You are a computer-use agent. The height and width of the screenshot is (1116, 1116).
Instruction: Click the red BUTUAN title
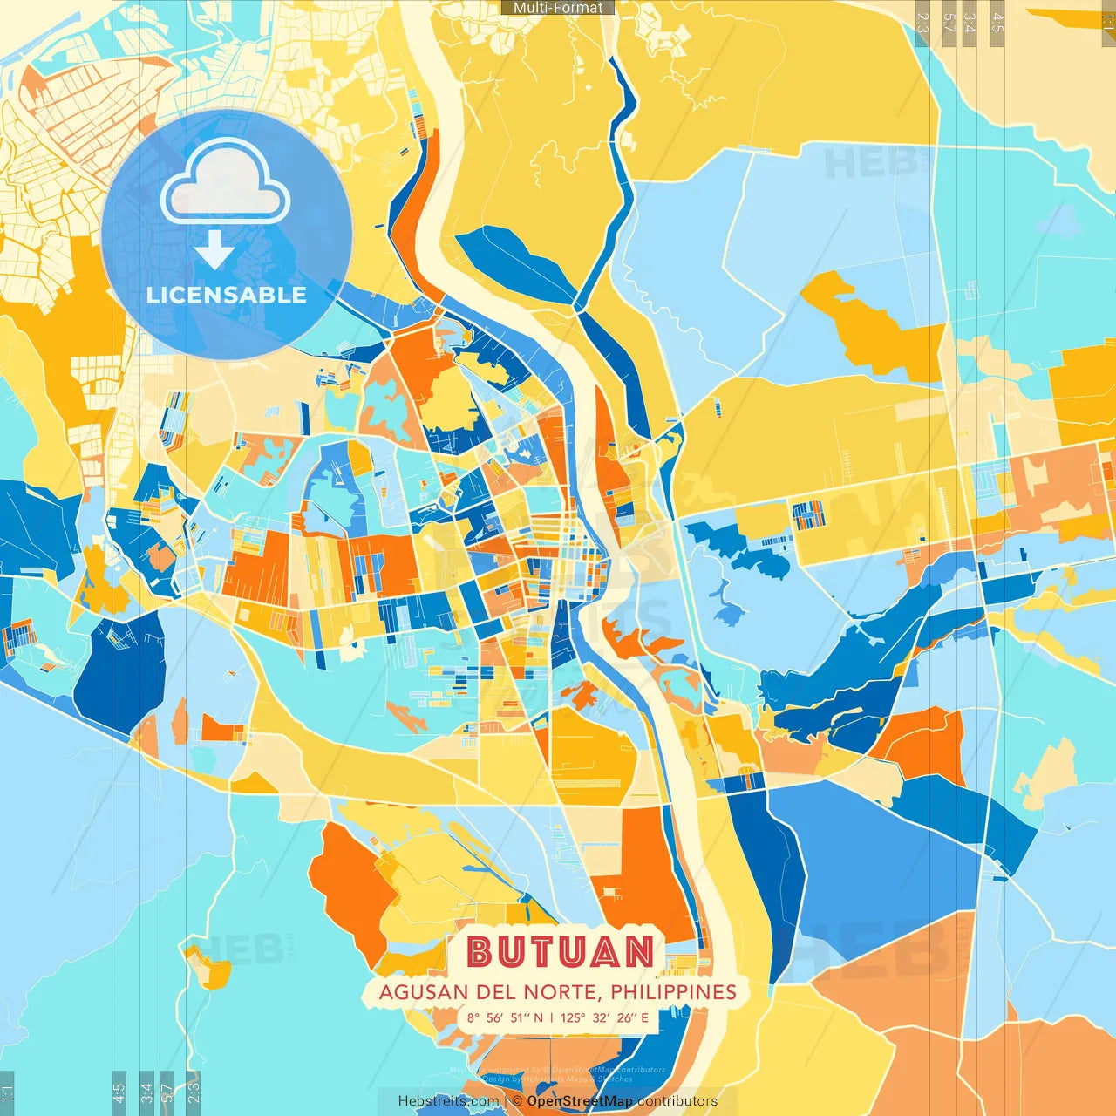[560, 951]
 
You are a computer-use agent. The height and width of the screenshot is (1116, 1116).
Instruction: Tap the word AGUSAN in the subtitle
[424, 992]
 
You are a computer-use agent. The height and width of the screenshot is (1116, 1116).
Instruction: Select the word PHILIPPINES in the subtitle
[673, 992]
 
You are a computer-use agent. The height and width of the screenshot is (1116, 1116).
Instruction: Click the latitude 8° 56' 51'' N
[505, 1017]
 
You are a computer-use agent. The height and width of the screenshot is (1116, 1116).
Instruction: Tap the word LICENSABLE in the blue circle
[227, 295]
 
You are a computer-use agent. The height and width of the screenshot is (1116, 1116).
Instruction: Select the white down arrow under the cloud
[214, 250]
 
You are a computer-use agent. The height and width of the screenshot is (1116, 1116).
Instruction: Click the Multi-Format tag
[558, 8]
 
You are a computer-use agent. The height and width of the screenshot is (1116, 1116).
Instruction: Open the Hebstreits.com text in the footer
[448, 1101]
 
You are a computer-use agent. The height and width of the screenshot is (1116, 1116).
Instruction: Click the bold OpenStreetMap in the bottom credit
[580, 1101]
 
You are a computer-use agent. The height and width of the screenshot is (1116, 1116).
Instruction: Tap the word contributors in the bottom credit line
[677, 1101]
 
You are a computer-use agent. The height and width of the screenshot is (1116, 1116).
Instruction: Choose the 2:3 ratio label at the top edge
[922, 23]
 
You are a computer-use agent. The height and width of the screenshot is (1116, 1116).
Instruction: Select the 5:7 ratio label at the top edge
[949, 23]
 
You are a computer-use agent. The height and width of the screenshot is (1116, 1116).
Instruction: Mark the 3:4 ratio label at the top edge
[970, 23]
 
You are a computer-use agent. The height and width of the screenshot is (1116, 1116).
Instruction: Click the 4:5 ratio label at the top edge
[997, 23]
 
